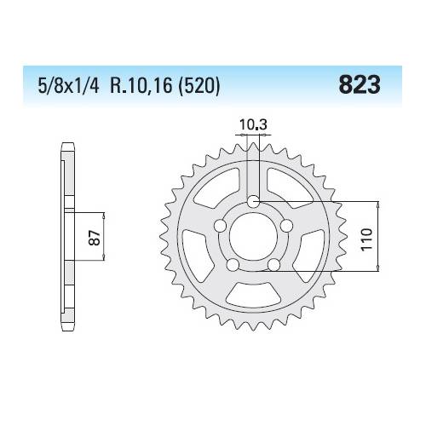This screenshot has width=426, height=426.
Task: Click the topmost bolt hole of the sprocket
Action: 253,201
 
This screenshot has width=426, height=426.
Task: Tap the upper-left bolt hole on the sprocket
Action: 219,225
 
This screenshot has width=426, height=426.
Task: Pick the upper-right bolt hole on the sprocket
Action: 286,225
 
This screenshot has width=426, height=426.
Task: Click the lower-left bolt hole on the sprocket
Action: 232,265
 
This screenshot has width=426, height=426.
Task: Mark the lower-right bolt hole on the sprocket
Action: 273,265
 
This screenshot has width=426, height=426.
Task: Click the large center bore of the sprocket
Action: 253,238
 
